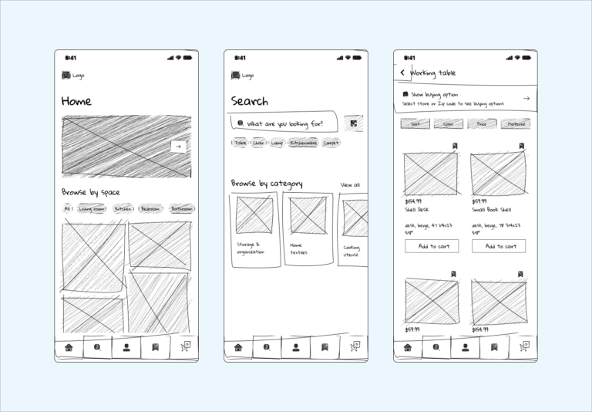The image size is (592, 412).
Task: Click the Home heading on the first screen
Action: click(76, 101)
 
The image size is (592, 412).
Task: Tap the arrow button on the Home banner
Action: click(178, 147)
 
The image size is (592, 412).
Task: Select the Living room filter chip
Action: click(92, 209)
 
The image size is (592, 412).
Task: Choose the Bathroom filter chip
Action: click(182, 209)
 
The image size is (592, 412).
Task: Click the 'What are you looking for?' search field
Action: click(283, 123)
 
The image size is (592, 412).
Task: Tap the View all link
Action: click(350, 185)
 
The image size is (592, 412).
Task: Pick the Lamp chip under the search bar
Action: click(277, 143)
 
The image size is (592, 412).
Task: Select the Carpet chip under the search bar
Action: click(331, 143)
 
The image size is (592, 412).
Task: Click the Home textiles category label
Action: click(298, 248)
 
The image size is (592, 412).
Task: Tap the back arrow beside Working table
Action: click(402, 73)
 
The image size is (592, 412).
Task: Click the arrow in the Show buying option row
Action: click(526, 99)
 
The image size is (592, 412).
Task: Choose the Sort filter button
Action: click(415, 123)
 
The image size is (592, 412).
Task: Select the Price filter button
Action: click(482, 123)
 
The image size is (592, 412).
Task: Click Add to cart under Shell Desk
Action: click(432, 246)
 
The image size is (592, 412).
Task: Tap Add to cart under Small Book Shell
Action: click(499, 246)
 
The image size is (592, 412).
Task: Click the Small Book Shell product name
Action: click(492, 210)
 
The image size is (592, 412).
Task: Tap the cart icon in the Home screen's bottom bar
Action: click(185, 347)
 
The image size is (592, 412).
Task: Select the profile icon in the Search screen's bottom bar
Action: click(295, 348)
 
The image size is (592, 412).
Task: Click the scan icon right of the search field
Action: click(354, 123)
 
